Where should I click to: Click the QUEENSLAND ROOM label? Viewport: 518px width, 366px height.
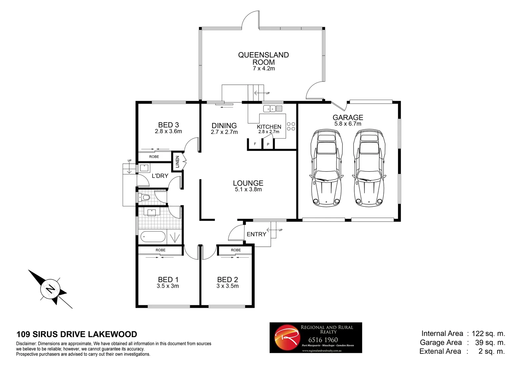[263, 58]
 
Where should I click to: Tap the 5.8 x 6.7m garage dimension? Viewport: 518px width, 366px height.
[348, 124]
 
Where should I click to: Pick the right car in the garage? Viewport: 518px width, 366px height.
[368, 168]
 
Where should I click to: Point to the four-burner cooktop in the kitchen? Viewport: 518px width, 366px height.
[291, 126]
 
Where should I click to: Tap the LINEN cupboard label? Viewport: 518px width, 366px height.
[177, 162]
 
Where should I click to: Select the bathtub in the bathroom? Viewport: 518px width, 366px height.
[153, 237]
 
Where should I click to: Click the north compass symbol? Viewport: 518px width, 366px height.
[51, 289]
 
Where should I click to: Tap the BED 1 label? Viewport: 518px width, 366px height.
[168, 280]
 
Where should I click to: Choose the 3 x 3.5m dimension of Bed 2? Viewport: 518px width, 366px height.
[227, 286]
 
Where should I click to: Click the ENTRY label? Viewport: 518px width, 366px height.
[256, 234]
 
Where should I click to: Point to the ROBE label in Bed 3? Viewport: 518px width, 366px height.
[154, 157]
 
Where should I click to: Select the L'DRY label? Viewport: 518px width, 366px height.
[160, 176]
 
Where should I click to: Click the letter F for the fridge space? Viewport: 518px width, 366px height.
[255, 144]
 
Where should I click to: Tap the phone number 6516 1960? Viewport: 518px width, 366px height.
[323, 340]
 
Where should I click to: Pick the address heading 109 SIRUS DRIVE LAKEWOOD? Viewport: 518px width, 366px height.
[77, 334]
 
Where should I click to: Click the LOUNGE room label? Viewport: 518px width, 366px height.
[248, 183]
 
